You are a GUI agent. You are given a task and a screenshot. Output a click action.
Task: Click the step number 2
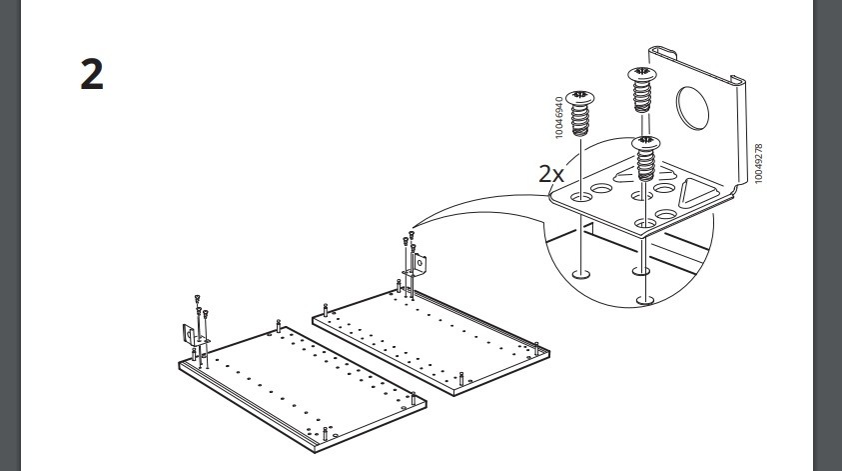tap(92, 75)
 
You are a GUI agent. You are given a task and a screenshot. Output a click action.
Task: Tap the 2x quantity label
tap(551, 174)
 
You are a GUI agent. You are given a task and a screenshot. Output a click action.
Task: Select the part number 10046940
tap(559, 118)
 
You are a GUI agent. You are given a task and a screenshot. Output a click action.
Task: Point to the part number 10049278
tap(758, 163)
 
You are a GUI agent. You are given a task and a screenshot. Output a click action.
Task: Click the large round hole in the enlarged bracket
tap(692, 108)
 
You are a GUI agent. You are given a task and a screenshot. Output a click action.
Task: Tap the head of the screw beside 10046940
tap(580, 97)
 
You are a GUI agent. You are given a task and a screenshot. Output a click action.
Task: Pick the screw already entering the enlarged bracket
tap(645, 159)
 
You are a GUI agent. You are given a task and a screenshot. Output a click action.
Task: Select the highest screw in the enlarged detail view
tap(642, 89)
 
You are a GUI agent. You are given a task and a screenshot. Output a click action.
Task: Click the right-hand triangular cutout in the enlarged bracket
tap(697, 192)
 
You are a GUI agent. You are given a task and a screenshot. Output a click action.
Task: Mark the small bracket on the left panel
tap(189, 335)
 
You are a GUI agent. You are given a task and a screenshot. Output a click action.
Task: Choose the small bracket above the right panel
tap(419, 265)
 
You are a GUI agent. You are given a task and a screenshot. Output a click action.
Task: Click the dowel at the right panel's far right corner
tap(536, 347)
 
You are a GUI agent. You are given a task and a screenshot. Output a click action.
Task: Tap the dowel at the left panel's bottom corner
tap(325, 433)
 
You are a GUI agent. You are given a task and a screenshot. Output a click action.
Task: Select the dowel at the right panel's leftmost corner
tap(326, 310)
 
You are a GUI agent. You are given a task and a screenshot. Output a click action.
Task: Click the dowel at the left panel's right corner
tap(413, 398)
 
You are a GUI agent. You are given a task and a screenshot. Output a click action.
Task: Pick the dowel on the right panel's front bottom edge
tap(461, 379)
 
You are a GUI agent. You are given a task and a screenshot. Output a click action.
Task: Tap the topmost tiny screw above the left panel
tap(197, 298)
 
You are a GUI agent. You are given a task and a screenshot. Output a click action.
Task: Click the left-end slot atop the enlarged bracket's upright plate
tap(662, 52)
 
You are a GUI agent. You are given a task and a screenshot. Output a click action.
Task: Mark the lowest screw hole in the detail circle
tap(645, 299)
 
